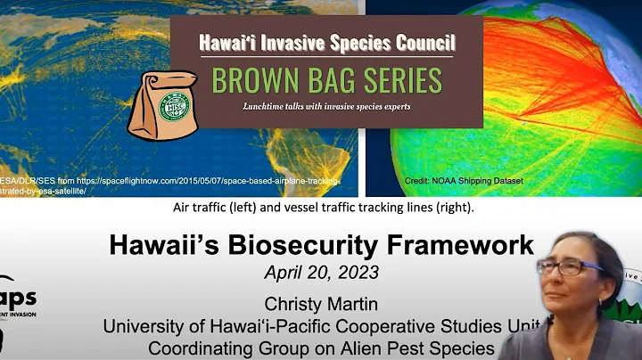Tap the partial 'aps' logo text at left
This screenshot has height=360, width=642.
(18, 303)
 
